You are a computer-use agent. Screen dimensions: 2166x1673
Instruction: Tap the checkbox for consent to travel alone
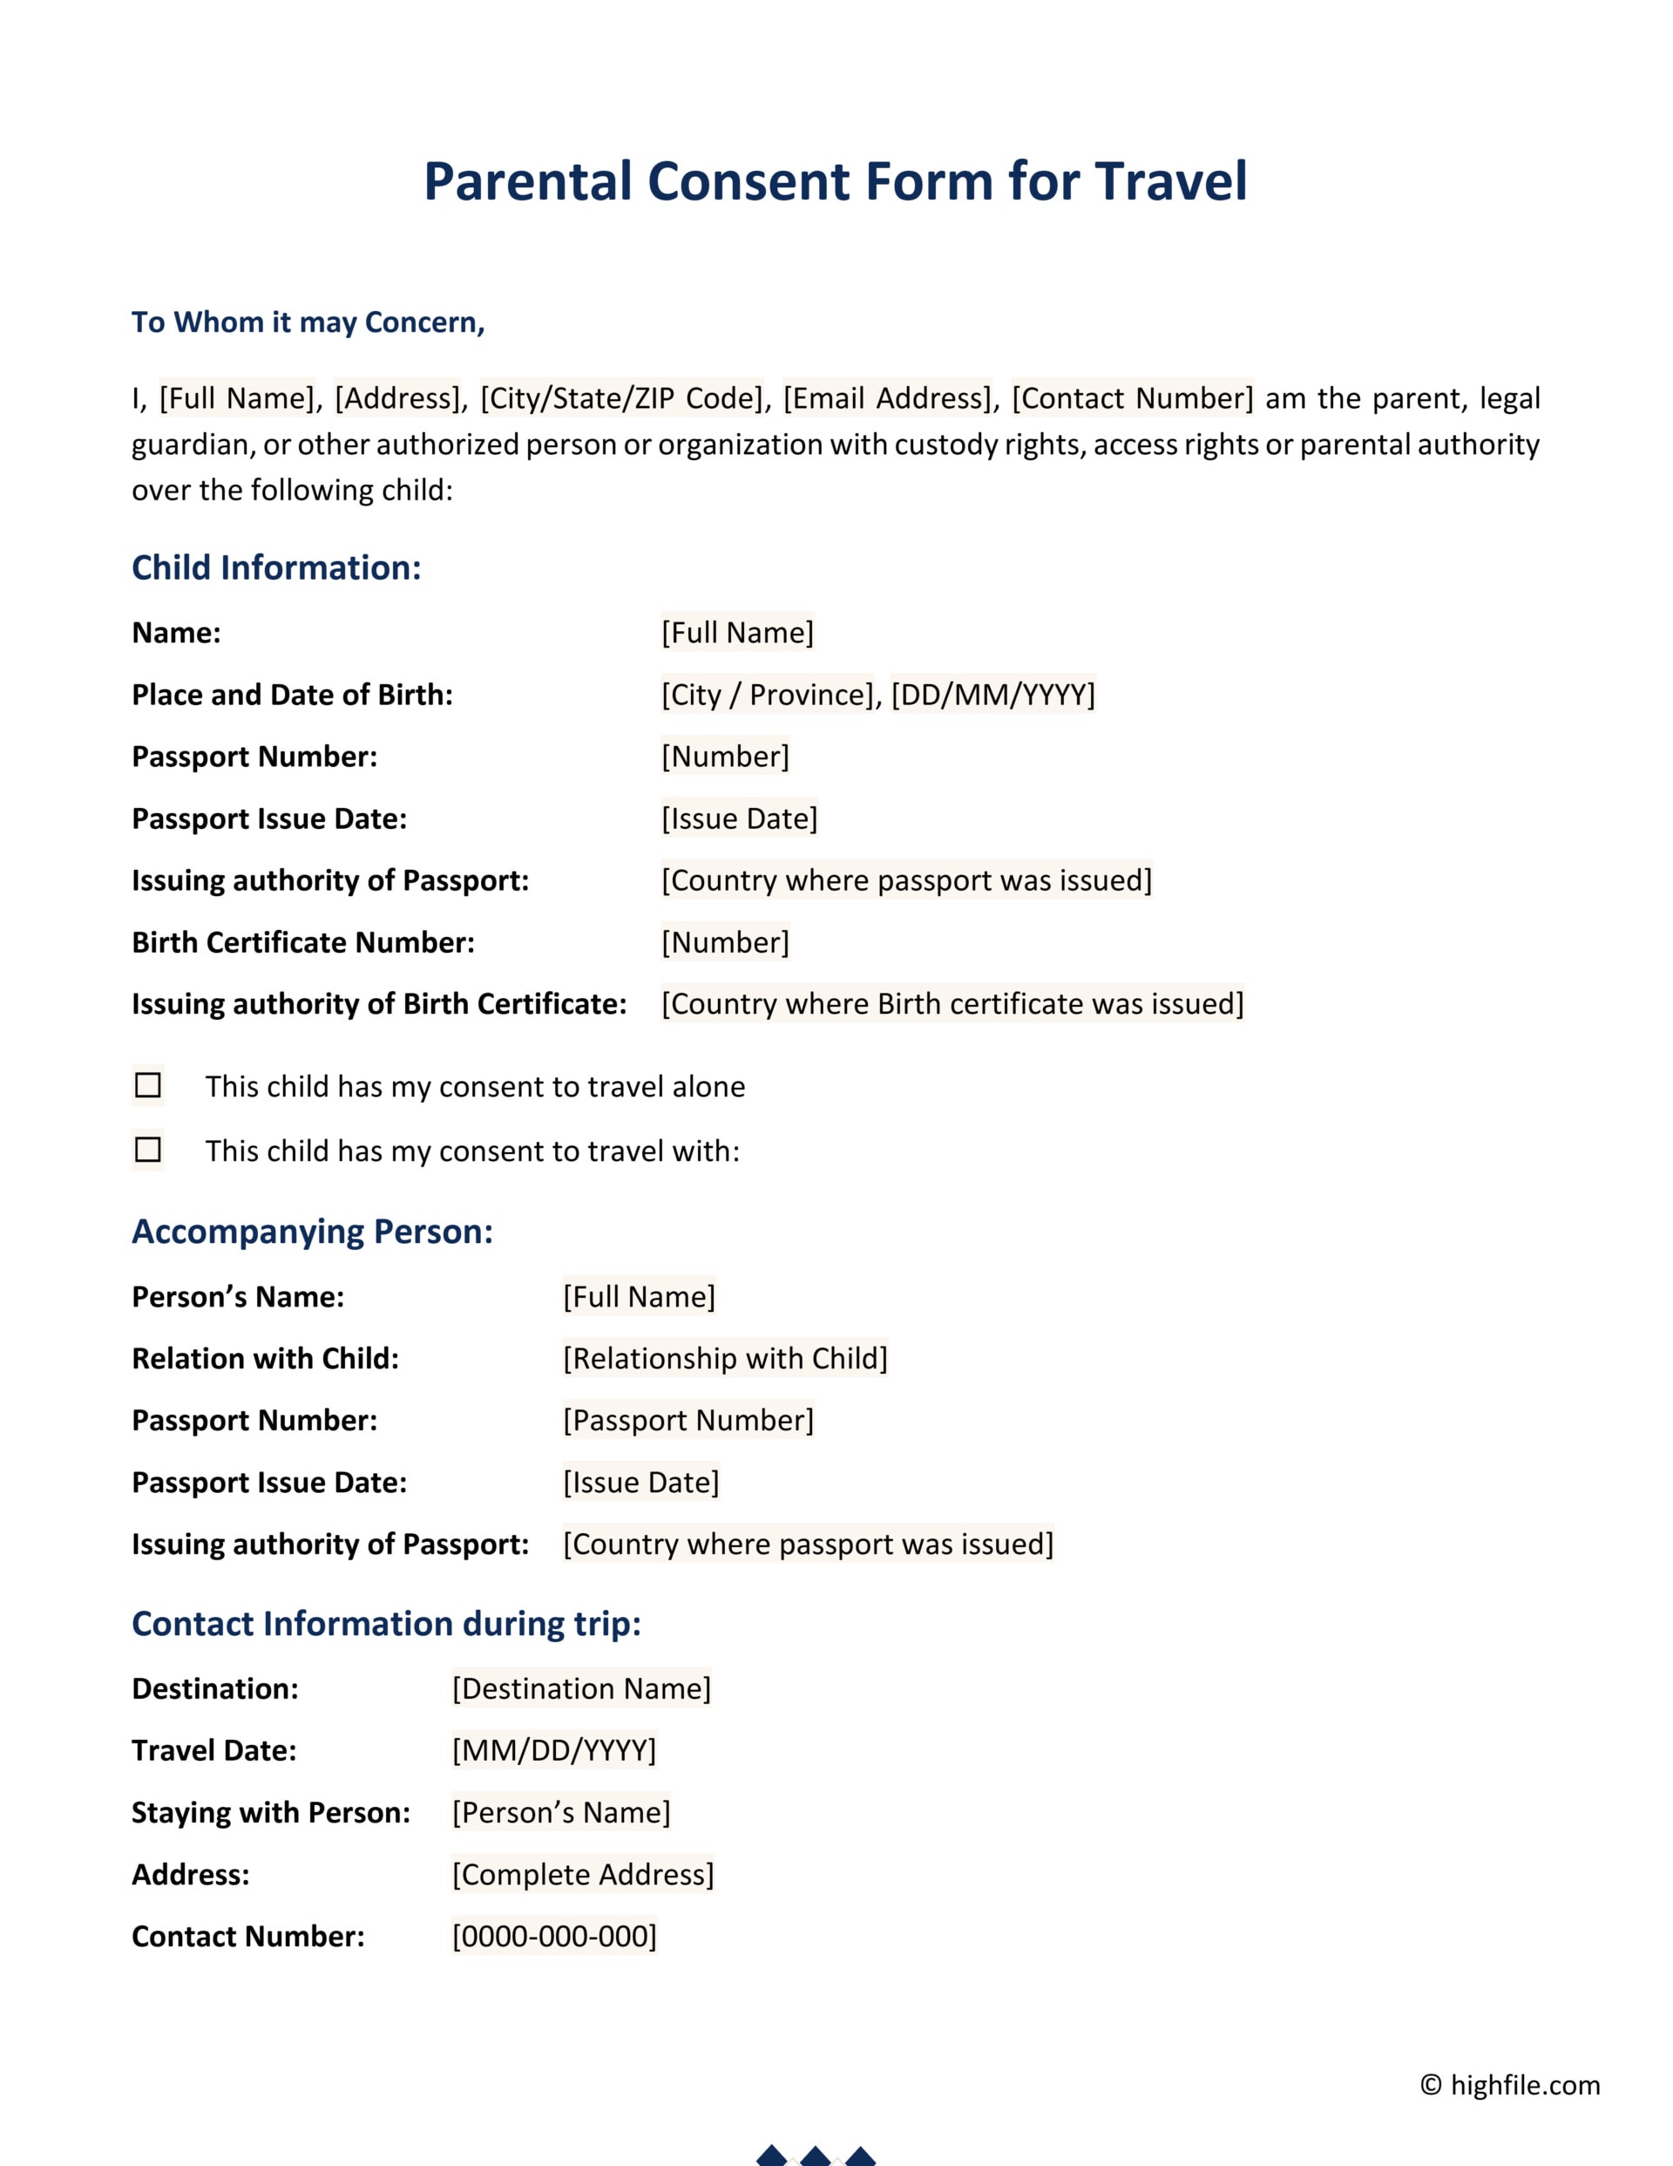coord(148,1085)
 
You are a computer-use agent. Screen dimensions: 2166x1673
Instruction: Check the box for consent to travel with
coord(148,1150)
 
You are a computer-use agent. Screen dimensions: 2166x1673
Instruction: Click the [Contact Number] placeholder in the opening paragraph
coord(1132,398)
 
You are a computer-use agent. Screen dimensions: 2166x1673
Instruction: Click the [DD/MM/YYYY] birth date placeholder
coord(992,694)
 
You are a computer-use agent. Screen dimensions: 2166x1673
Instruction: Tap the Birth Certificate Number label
coord(302,942)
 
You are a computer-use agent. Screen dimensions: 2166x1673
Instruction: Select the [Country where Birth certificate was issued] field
coord(952,1003)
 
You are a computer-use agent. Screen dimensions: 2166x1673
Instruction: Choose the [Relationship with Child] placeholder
coord(725,1359)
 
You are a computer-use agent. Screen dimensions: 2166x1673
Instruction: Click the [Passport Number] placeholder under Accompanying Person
coord(688,1420)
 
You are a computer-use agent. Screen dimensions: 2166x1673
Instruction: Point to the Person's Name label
coord(238,1297)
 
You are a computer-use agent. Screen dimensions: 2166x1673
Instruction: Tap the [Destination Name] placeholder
coord(581,1689)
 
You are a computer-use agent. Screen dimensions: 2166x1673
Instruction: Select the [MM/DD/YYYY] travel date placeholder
coord(553,1750)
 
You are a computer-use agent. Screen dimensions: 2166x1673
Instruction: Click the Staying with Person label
coord(271,1813)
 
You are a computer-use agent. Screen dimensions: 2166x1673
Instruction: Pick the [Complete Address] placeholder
coord(582,1874)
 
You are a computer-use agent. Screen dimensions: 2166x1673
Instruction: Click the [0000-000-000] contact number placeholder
coord(553,1936)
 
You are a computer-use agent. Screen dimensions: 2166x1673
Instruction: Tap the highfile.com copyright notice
coord(1509,2086)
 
